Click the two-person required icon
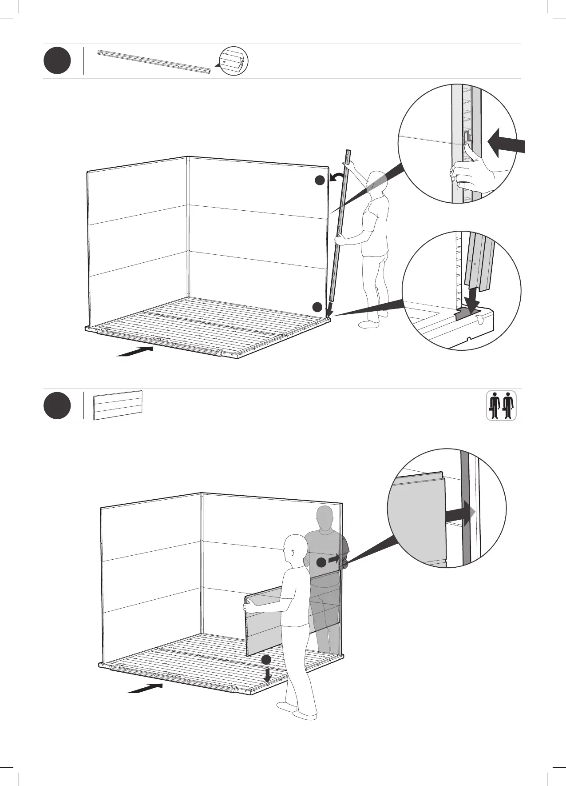[x=501, y=405]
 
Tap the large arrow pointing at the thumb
[x=506, y=143]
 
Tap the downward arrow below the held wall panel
[x=267, y=675]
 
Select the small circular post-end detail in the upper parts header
[x=234, y=61]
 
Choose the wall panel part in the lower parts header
[x=118, y=405]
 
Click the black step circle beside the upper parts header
[x=57, y=61]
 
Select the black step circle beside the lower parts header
[x=57, y=405]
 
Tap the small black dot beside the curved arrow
[x=320, y=180]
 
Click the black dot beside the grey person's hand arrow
[x=321, y=562]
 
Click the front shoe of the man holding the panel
[x=305, y=716]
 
